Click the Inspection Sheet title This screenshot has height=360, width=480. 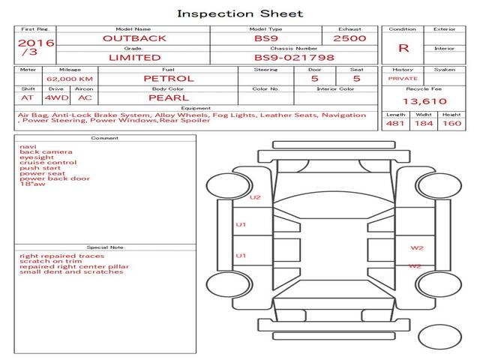click(240, 14)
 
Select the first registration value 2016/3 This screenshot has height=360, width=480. click(36, 47)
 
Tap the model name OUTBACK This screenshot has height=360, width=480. click(134, 38)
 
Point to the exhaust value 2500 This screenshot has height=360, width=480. click(349, 38)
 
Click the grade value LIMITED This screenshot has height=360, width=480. click(135, 58)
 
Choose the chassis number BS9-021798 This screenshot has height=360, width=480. click(294, 58)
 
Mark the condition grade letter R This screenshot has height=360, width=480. click(403, 48)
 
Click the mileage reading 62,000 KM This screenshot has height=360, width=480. click(70, 79)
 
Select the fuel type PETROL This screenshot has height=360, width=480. click(169, 79)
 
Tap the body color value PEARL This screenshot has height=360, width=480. click(169, 98)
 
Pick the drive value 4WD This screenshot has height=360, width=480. click(57, 98)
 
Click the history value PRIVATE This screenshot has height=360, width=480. click(403, 79)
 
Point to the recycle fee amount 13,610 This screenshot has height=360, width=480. click(424, 101)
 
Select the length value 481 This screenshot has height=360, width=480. click(395, 123)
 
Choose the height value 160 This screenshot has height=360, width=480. click(451, 123)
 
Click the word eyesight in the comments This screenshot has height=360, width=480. click(37, 157)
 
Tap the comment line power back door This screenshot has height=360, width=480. click(55, 178)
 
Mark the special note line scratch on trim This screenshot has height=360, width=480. click(51, 262)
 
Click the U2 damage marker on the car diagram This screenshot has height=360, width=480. click(255, 197)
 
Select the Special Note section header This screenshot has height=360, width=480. click(105, 247)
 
